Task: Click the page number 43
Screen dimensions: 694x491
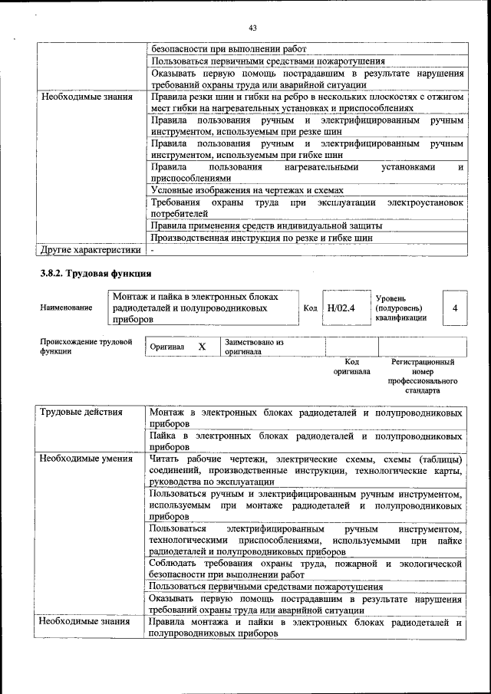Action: coord(252,28)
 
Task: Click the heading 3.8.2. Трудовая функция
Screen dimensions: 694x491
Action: coord(96,273)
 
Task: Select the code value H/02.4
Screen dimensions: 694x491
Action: coord(341,308)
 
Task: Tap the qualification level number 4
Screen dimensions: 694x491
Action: coord(455,308)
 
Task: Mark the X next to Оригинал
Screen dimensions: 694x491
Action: coord(202,347)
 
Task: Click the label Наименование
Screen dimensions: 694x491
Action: coord(67,308)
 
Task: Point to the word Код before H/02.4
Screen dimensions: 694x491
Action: coord(310,308)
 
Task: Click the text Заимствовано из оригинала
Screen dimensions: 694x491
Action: coord(254,347)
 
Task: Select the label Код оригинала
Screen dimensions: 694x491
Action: coord(351,366)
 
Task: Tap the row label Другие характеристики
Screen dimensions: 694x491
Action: coord(91,249)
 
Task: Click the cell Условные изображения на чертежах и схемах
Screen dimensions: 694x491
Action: coord(246,190)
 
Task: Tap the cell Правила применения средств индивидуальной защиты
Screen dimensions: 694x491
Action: coord(265,225)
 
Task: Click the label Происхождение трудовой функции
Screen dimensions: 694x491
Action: coord(86,347)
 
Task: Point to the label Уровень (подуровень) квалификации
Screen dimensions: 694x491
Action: coord(401,308)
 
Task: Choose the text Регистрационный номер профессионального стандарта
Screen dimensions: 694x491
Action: coord(423,376)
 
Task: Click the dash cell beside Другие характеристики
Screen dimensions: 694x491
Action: coord(153,250)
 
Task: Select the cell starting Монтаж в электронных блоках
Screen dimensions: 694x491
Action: coord(306,418)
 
